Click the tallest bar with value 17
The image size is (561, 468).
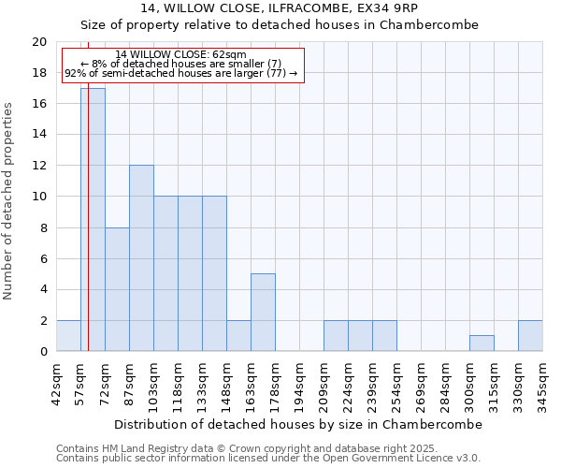click(x=93, y=220)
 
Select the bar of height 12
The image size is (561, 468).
click(x=141, y=258)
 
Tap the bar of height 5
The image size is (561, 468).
click(x=263, y=313)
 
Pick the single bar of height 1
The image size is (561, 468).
click(x=482, y=344)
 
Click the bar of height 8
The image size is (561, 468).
click(x=117, y=289)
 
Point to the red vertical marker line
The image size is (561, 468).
click(x=88, y=234)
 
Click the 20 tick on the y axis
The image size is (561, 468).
click(x=39, y=42)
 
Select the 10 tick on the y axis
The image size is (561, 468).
click(x=39, y=197)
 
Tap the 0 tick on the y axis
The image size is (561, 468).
click(x=43, y=352)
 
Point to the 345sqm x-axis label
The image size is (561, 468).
click(x=542, y=382)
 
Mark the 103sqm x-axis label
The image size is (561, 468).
click(x=153, y=382)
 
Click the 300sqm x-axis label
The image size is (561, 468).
click(x=469, y=382)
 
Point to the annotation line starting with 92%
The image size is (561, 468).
click(x=181, y=73)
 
